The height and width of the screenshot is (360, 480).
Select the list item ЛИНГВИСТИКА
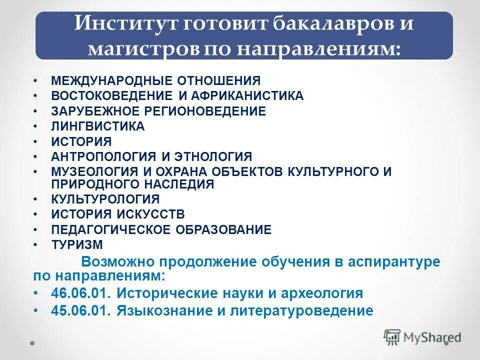pyautogui.click(x=97, y=126)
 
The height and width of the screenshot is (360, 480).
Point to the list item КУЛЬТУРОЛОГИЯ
pyautogui.click(x=105, y=199)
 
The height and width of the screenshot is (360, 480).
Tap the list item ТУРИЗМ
pyautogui.click(x=76, y=245)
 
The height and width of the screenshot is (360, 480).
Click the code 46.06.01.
pyautogui.click(x=80, y=293)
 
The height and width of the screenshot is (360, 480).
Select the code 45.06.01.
pyautogui.click(x=80, y=310)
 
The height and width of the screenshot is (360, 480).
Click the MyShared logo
pyautogui.click(x=422, y=337)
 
